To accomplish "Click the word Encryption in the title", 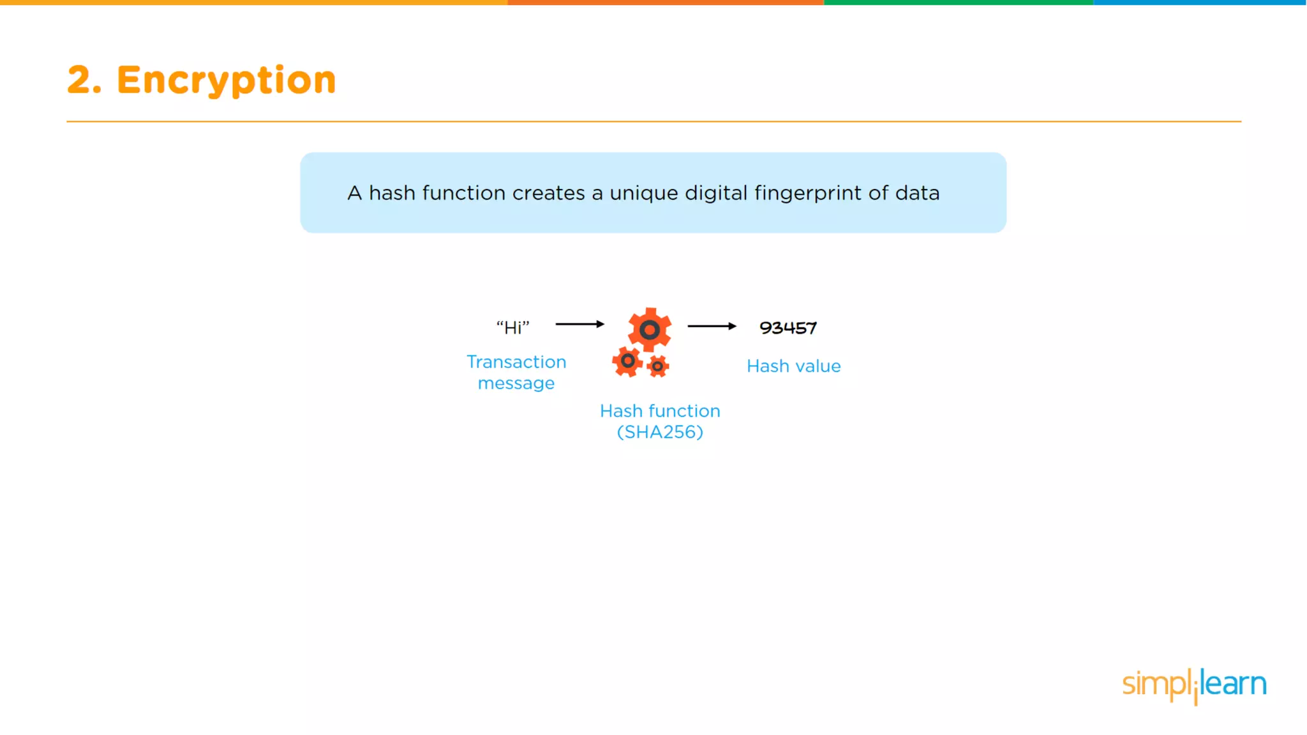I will click(226, 80).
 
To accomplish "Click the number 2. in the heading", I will click(84, 80).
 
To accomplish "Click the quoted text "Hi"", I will click(513, 328).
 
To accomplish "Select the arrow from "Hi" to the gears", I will click(579, 324).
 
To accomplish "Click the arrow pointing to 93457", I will click(712, 326).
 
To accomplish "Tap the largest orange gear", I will click(650, 330).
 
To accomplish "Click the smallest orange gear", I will click(657, 366).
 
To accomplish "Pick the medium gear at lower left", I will click(627, 362).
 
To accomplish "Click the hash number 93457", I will click(788, 328).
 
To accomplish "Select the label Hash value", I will click(793, 366).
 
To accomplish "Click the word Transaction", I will click(516, 362).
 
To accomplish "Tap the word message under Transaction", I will click(516, 383).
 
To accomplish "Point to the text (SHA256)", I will click(660, 432).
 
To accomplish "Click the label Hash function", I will click(660, 411).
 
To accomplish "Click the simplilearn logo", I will click(1194, 685).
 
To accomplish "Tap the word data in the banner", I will click(917, 193).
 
